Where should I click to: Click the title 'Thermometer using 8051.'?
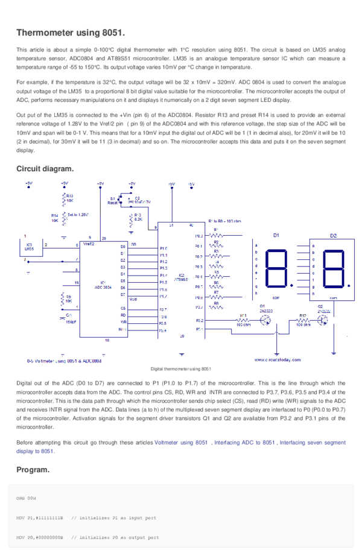[x=71, y=32]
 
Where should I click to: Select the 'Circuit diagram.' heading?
[x=45, y=169]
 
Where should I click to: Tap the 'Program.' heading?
[x=33, y=469]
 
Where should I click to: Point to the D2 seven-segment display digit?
[x=334, y=268]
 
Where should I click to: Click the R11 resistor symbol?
[x=243, y=320]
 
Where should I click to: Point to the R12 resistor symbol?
[x=303, y=320]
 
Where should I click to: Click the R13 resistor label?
[x=69, y=197]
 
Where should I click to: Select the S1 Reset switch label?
[x=113, y=201]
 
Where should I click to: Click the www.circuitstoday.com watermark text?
[x=274, y=359]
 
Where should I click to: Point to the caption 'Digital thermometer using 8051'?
[x=180, y=369]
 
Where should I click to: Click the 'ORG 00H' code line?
[x=26, y=499]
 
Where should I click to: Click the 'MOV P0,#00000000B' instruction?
[x=40, y=537]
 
